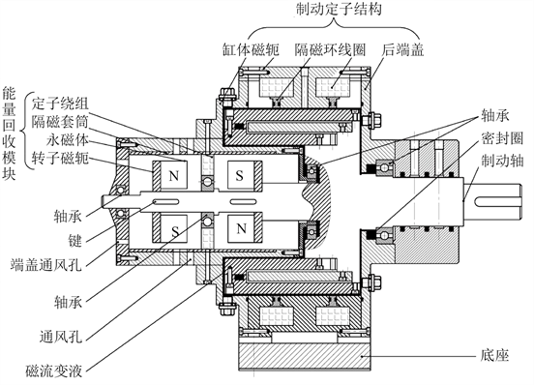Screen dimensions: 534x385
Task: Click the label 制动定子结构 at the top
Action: [339, 9]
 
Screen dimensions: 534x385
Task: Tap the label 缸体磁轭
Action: [251, 49]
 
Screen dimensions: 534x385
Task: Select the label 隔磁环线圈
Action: [330, 49]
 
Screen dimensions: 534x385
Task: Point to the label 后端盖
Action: [402, 49]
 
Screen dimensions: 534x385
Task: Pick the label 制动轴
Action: [502, 161]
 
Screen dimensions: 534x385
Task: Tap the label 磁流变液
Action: [54, 370]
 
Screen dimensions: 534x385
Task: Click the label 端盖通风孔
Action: [46, 264]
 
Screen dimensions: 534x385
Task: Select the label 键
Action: [75, 241]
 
